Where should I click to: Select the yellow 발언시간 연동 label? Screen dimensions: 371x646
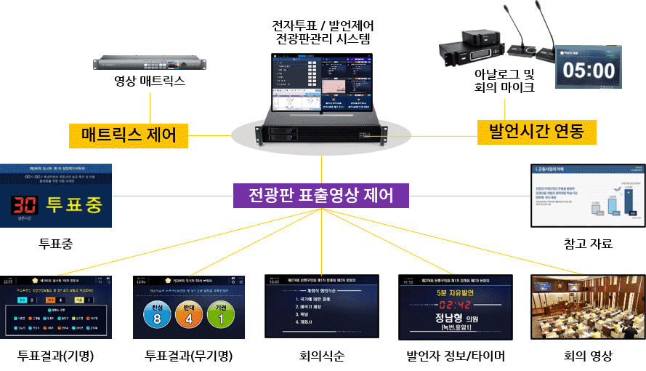(x=536, y=132)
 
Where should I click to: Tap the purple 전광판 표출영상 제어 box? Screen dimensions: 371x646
(x=321, y=195)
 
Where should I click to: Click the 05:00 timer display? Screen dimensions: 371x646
(x=589, y=70)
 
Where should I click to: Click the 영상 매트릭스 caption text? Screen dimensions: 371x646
(x=150, y=83)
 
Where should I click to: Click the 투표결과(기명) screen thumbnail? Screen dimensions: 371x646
(x=56, y=307)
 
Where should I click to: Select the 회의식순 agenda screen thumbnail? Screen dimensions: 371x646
(x=321, y=307)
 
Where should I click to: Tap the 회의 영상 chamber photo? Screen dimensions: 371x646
(x=588, y=307)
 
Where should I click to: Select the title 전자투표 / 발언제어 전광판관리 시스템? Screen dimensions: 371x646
(x=320, y=31)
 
